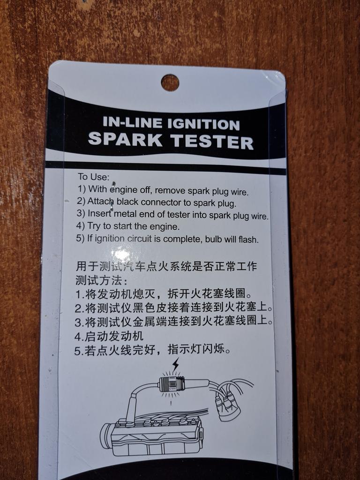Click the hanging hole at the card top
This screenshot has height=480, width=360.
coord(170,82)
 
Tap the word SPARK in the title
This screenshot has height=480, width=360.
coord(125,139)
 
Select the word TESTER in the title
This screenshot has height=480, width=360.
coord(212,142)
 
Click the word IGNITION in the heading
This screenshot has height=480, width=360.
coord(203,124)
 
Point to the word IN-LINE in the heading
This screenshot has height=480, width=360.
coord(133,122)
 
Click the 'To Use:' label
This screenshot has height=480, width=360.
coord(93,177)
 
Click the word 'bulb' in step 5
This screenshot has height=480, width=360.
coord(214,239)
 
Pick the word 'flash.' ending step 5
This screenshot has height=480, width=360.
coord(248,240)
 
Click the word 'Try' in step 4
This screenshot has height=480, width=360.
coord(94,226)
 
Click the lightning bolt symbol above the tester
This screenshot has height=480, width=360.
coord(175,365)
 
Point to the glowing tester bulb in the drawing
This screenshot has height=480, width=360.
coord(172,383)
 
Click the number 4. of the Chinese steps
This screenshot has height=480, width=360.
coord(79,337)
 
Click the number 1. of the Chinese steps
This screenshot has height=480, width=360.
coord(80,294)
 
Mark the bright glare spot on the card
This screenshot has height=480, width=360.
coord(121,254)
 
